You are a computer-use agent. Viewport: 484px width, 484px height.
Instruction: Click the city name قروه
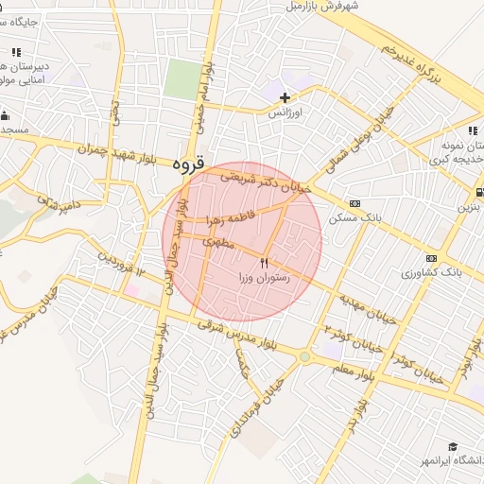tap(189, 164)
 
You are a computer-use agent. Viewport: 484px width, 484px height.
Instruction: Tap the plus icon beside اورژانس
tap(285, 97)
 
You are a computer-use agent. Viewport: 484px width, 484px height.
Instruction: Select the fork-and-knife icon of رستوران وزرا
tap(265, 264)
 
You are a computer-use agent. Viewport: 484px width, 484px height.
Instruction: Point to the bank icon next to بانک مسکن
tap(354, 203)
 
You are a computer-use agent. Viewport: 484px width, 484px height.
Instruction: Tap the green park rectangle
tap(179, 79)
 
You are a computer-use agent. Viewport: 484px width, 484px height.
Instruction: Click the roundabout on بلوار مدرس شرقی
tap(303, 358)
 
